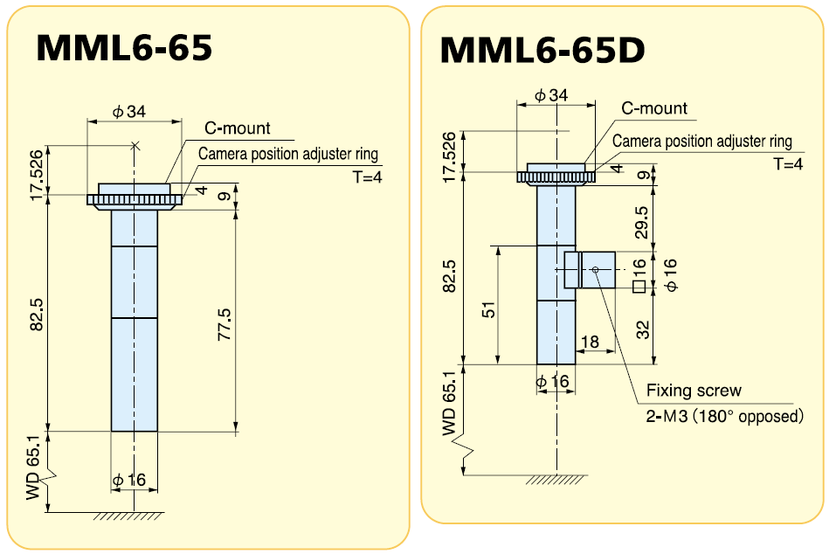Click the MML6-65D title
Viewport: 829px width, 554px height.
pos(542,50)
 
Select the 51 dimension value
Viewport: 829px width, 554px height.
pos(489,309)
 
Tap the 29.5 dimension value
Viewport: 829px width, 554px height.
pos(642,223)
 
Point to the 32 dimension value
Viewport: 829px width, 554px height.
pos(642,330)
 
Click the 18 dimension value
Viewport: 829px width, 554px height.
pos(590,342)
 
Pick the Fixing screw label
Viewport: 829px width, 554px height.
pos(694,391)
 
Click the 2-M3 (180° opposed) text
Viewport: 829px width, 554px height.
pos(724,416)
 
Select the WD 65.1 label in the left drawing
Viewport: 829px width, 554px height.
pos(34,473)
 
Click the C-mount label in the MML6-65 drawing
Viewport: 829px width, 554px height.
pos(238,128)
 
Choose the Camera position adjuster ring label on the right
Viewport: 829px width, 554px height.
pos(702,141)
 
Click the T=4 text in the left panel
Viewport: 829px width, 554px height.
pos(367,177)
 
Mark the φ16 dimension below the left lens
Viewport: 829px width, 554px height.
pos(129,480)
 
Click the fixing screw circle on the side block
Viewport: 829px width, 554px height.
pos(595,270)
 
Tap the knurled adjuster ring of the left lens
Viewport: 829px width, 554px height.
pos(135,201)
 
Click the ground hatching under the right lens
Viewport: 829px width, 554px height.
pos(556,480)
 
